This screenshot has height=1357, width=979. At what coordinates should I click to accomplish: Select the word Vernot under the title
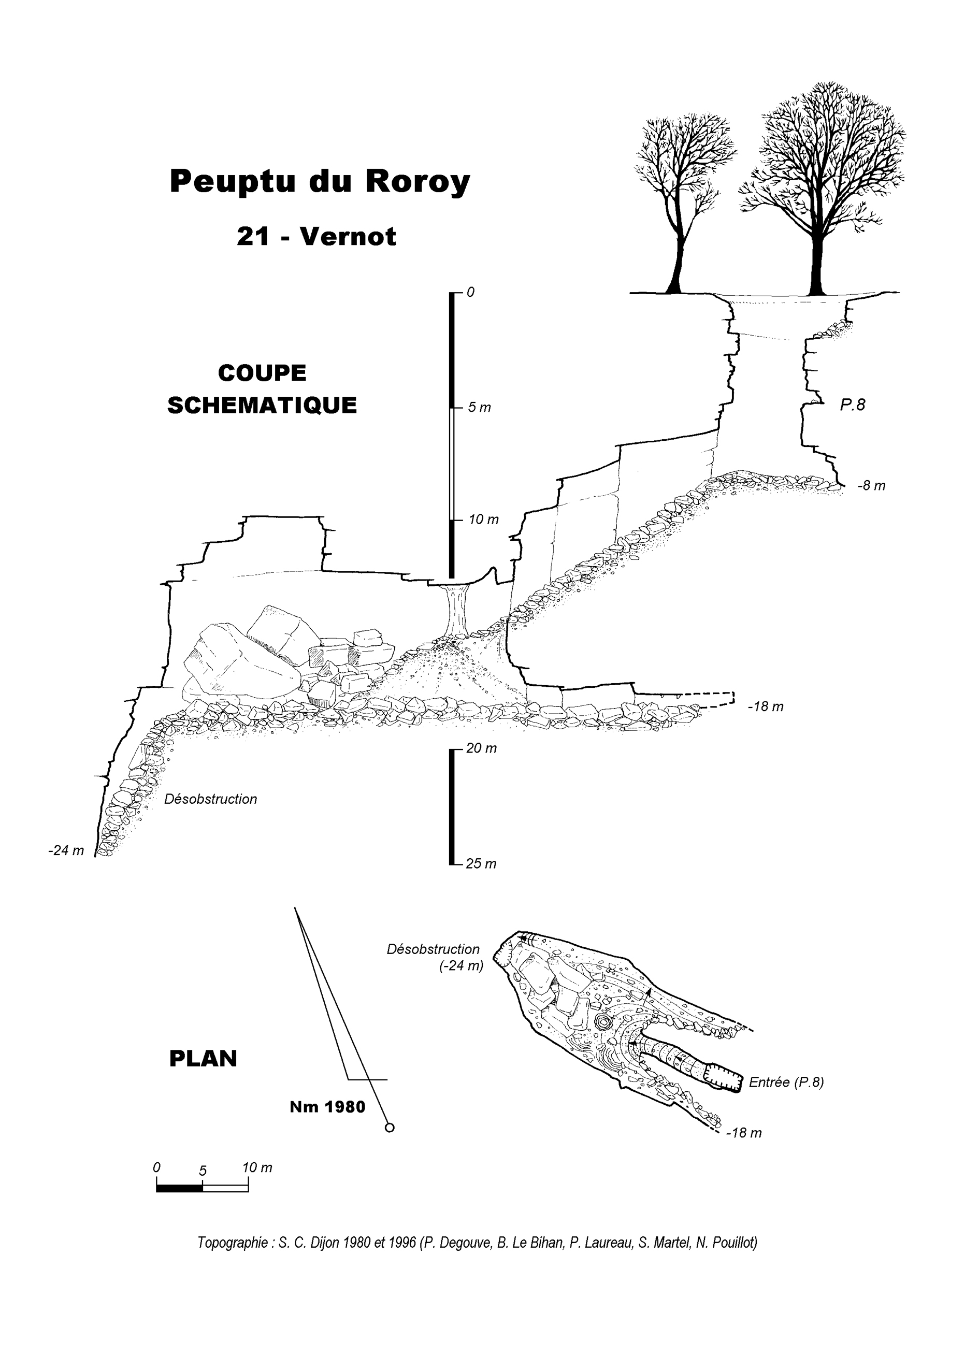[348, 237]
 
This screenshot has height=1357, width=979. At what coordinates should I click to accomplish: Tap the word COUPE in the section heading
[262, 373]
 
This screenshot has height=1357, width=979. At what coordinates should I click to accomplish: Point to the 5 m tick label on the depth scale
[479, 408]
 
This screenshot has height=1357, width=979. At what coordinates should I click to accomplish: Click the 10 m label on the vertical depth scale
[483, 519]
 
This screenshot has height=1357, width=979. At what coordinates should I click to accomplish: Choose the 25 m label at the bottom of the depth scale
[481, 864]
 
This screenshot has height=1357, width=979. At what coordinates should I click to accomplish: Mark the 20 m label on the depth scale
[481, 748]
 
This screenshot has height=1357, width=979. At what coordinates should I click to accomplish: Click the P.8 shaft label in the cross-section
[852, 405]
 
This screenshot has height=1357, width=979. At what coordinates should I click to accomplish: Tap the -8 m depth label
[871, 486]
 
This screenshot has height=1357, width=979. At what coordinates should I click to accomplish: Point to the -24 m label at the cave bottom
[66, 851]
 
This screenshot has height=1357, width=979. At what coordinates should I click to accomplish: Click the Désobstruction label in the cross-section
[211, 799]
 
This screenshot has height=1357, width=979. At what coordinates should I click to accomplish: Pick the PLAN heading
[204, 1059]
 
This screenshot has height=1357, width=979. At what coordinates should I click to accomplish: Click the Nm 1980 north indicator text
[327, 1107]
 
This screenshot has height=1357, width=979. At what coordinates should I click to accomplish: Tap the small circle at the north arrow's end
[390, 1128]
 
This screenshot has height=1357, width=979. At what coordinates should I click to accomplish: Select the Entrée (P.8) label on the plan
[786, 1082]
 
